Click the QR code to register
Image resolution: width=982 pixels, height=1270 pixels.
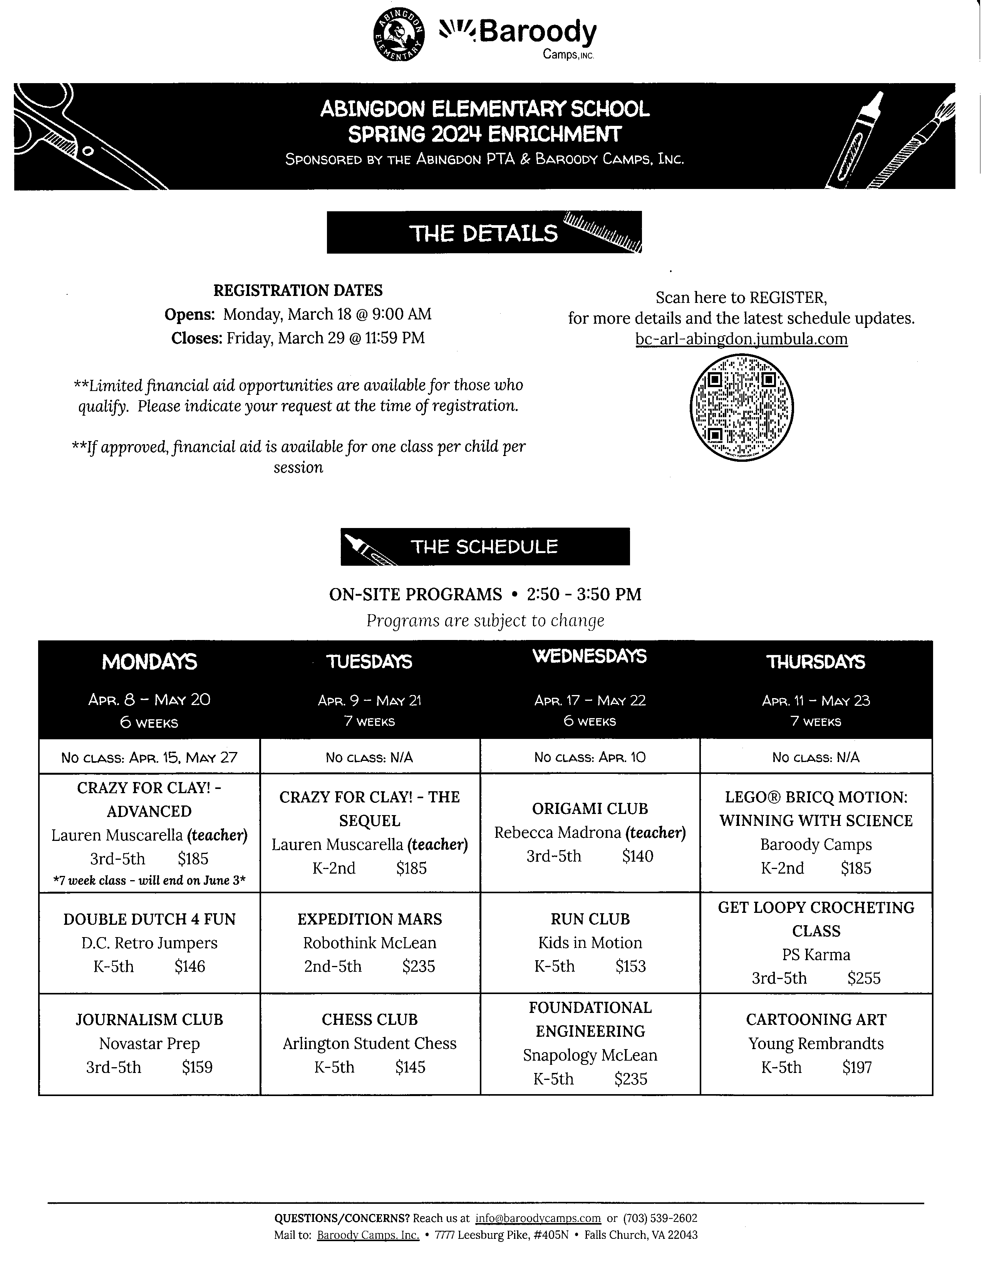[741, 408]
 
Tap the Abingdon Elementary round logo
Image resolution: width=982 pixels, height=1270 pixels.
[399, 35]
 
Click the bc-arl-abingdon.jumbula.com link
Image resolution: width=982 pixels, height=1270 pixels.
[741, 339]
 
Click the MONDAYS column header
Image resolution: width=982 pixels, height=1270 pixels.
[149, 662]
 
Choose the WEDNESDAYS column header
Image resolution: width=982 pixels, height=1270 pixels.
[589, 657]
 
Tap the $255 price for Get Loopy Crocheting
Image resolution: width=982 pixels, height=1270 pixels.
[864, 978]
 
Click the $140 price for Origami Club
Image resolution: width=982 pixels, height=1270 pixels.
[638, 856]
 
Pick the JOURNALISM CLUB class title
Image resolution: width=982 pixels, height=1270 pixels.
[149, 1019]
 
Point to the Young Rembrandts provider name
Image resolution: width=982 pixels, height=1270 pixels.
[816, 1043]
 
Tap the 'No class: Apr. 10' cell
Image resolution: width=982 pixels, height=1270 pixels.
[589, 757]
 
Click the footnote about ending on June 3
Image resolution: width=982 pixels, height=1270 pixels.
[149, 881]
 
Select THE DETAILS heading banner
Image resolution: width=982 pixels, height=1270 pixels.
[484, 232]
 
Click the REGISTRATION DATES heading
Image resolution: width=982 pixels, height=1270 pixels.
[298, 290]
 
